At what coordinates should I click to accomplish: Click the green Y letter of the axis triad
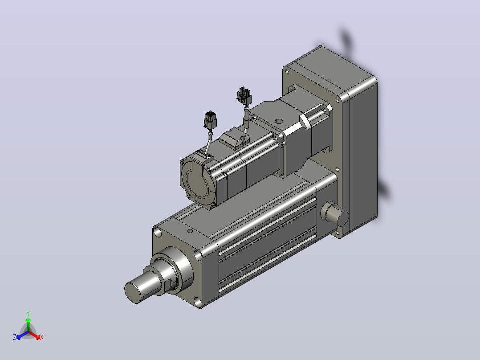[28, 313]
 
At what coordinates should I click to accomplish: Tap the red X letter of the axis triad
[42, 337]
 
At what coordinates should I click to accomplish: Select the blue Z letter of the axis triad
[15, 337]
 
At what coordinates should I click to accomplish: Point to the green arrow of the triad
[28, 324]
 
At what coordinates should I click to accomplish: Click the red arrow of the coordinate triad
[34, 335]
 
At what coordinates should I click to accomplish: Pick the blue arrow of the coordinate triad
[22, 335]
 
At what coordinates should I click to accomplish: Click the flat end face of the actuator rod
[132, 292]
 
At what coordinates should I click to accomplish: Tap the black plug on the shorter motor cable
[210, 120]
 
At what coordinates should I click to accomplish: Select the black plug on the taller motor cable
[244, 96]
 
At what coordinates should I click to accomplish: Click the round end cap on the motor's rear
[199, 181]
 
